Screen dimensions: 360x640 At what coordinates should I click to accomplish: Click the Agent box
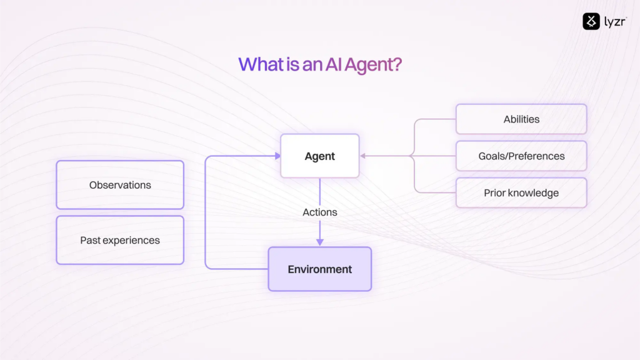click(x=319, y=156)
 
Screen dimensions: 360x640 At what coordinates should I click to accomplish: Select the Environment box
click(x=319, y=269)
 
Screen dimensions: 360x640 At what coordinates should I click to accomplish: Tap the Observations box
click(x=120, y=185)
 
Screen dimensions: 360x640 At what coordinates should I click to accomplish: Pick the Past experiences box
click(x=120, y=240)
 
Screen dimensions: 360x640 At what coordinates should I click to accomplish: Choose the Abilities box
click(x=521, y=119)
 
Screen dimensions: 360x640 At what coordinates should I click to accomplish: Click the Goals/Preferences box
click(x=521, y=156)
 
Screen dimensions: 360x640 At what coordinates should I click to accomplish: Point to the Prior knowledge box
click(x=521, y=193)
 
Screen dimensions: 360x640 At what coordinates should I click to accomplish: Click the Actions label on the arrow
click(x=319, y=212)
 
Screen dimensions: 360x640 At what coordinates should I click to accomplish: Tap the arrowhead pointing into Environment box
click(x=319, y=242)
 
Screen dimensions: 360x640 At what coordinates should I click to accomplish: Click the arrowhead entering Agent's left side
click(x=277, y=156)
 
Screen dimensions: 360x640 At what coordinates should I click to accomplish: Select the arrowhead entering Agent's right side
click(x=363, y=156)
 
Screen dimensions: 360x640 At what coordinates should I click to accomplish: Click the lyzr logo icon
click(x=591, y=21)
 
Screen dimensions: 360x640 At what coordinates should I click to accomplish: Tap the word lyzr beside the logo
click(x=614, y=22)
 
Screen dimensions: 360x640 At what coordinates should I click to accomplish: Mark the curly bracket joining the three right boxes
click(x=413, y=156)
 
